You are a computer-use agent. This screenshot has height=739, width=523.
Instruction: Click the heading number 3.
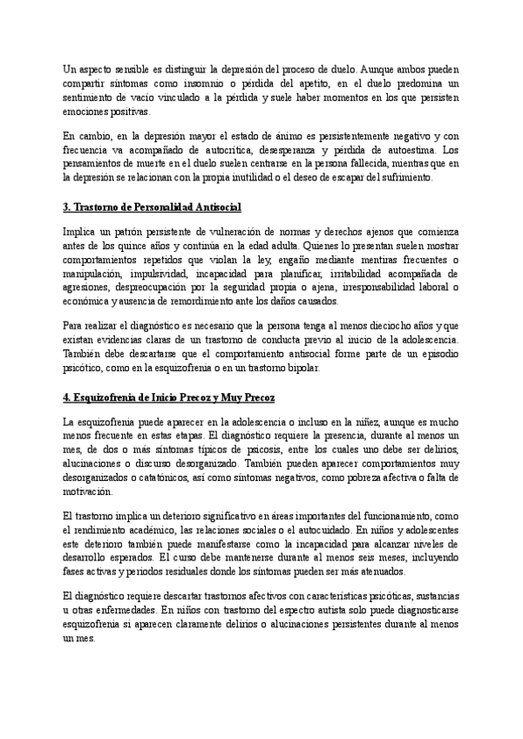[x=67, y=207]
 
